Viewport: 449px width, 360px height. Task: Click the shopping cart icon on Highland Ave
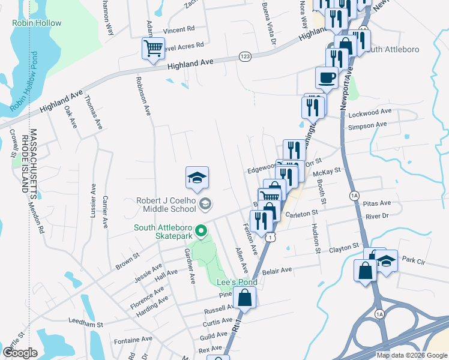click(x=154, y=49)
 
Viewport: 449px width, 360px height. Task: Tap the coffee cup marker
click(x=327, y=78)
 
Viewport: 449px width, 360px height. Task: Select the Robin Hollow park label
click(x=37, y=23)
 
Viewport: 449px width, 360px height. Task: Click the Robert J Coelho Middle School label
click(x=161, y=205)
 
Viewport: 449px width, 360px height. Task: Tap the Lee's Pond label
click(x=237, y=282)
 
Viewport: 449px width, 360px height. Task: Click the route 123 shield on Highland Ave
click(x=244, y=56)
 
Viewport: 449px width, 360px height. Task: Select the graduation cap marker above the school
click(x=197, y=178)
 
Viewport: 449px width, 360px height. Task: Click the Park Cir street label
click(x=414, y=260)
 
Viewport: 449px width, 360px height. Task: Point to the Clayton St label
click(x=344, y=247)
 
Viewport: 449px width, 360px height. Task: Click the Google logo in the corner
click(x=20, y=353)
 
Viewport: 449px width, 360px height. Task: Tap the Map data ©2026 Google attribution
click(x=412, y=355)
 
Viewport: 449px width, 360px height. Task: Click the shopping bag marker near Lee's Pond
click(x=245, y=297)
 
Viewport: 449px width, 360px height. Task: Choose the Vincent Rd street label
click(x=179, y=29)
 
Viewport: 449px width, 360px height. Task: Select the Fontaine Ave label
click(x=133, y=339)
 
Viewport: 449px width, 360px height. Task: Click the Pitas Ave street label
click(x=377, y=203)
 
